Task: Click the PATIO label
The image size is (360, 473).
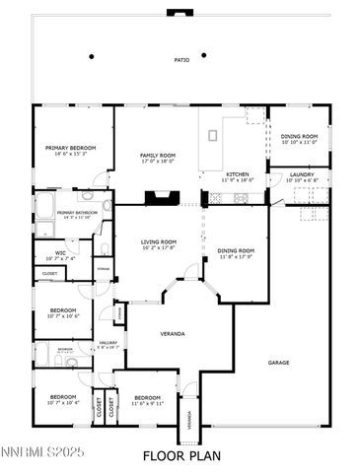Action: pos(181,59)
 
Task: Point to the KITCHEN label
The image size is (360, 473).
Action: pos(237,174)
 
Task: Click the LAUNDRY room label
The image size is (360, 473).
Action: pos(302,174)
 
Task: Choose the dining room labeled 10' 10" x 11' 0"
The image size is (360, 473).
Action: pos(299,137)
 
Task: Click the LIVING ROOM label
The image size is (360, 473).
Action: pos(156,242)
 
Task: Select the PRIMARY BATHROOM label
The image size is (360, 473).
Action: pos(75,213)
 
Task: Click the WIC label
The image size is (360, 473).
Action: pos(60,253)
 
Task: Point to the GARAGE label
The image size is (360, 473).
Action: pos(278,363)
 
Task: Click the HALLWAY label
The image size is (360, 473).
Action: pos(108,344)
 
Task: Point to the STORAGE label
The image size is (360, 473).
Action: pos(103,268)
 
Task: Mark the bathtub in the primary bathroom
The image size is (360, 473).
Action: pos(45,208)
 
